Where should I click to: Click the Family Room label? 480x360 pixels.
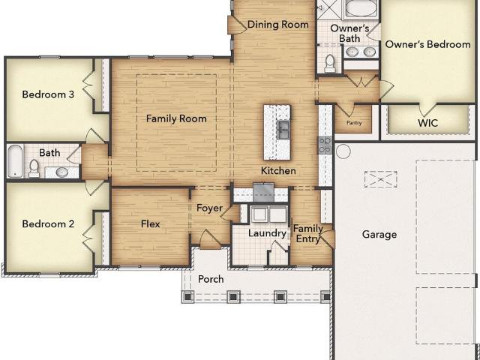(x=176, y=118)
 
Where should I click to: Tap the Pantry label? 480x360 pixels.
(x=354, y=123)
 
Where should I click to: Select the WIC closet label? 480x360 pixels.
(x=427, y=123)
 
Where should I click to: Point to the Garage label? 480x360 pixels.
(x=379, y=235)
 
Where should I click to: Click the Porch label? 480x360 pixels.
(x=211, y=279)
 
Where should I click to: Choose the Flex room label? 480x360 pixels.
(x=150, y=223)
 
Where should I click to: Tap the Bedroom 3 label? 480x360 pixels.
(x=48, y=94)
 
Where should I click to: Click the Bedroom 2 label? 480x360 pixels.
(x=48, y=223)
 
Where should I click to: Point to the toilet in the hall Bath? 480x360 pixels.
(x=34, y=169)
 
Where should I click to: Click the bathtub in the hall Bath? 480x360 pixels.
(x=15, y=161)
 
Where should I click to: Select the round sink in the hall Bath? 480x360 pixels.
(x=62, y=172)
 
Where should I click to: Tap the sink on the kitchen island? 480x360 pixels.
(x=283, y=130)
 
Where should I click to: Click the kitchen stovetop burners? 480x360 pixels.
(x=325, y=145)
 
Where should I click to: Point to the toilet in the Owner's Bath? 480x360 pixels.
(x=330, y=63)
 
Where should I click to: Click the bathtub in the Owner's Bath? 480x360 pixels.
(x=361, y=9)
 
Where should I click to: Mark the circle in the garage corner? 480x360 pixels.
(x=343, y=151)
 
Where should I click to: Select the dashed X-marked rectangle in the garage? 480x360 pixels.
(x=380, y=179)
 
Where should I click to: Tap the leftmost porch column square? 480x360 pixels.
(x=187, y=296)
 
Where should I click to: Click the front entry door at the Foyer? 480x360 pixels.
(x=210, y=239)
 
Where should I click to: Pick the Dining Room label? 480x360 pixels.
(x=277, y=25)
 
